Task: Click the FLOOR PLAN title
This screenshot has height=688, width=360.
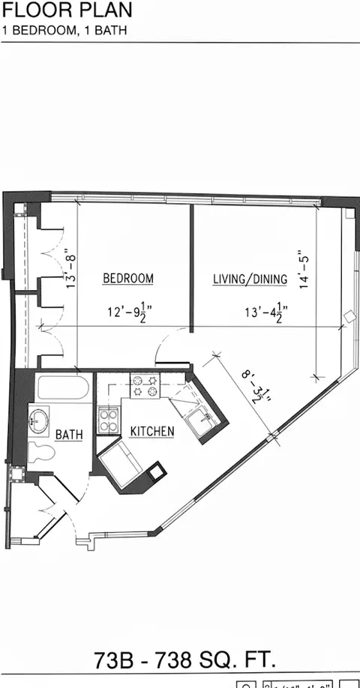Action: click(68, 10)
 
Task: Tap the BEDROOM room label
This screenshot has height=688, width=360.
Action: click(127, 279)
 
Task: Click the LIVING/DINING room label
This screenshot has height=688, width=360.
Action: click(250, 280)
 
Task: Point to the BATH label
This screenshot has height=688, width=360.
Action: click(69, 434)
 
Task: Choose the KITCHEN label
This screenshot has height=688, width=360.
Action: click(152, 431)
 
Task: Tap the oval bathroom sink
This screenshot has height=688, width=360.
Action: click(38, 420)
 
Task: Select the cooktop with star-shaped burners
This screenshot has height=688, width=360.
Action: click(145, 384)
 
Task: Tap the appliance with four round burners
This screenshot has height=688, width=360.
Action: click(109, 417)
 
